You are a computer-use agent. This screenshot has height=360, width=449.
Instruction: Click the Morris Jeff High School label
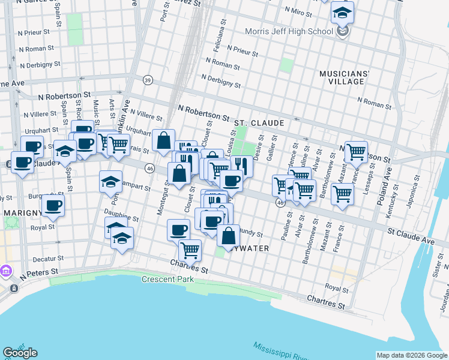pyautogui.click(x=289, y=31)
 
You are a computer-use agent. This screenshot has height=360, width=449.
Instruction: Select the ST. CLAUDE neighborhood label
pyautogui.click(x=259, y=123)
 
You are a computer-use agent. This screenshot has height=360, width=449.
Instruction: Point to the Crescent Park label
pyautogui.click(x=167, y=280)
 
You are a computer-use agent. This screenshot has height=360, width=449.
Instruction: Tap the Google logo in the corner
pyautogui.click(x=20, y=353)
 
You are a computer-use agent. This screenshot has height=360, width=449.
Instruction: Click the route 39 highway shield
pyautogui.click(x=148, y=80)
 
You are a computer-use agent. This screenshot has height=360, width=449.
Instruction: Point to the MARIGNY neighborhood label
pyautogui.click(x=22, y=213)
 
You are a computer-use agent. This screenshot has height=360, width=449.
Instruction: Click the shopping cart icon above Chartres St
pyautogui.click(x=190, y=249)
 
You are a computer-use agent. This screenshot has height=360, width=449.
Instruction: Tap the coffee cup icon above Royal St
pyautogui.click(x=53, y=205)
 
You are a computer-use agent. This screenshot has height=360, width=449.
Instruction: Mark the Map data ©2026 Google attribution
pyautogui.click(x=412, y=355)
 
